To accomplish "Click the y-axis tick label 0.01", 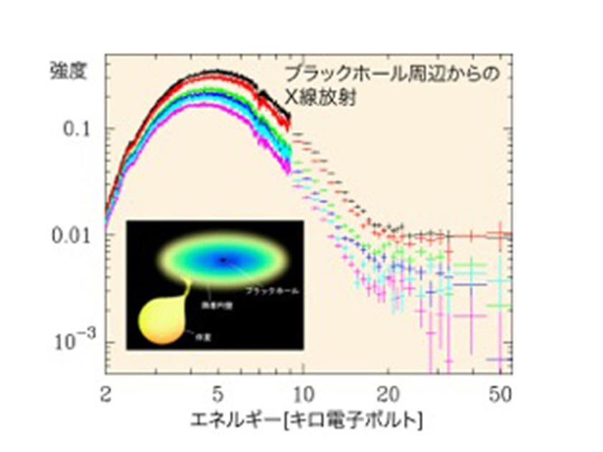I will [x=75, y=235].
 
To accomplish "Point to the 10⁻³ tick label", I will [x=75, y=341].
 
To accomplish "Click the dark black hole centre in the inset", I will [x=225, y=259].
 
